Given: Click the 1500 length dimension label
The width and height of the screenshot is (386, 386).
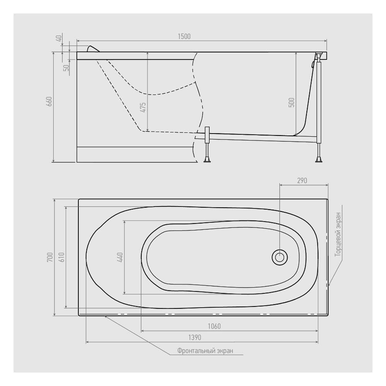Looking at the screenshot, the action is pyautogui.click(x=184, y=36).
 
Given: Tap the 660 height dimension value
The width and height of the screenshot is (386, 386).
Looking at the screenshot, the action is pyautogui.click(x=49, y=101).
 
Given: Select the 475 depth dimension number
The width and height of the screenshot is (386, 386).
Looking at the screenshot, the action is pyautogui.click(x=143, y=107).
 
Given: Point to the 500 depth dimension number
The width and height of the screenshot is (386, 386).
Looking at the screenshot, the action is pyautogui.click(x=291, y=102).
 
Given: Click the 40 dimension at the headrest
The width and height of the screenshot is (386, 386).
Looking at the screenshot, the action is pyautogui.click(x=59, y=38).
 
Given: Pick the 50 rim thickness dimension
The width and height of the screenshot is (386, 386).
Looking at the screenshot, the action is pyautogui.click(x=66, y=68).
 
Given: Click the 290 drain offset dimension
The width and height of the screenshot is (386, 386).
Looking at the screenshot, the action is pyautogui.click(x=302, y=181).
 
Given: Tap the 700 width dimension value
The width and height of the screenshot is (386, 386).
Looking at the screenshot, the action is pyautogui.click(x=50, y=257).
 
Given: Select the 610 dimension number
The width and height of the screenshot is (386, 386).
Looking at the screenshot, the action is pyautogui.click(x=61, y=257).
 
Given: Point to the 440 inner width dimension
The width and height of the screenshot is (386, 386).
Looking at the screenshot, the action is pyautogui.click(x=120, y=257).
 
